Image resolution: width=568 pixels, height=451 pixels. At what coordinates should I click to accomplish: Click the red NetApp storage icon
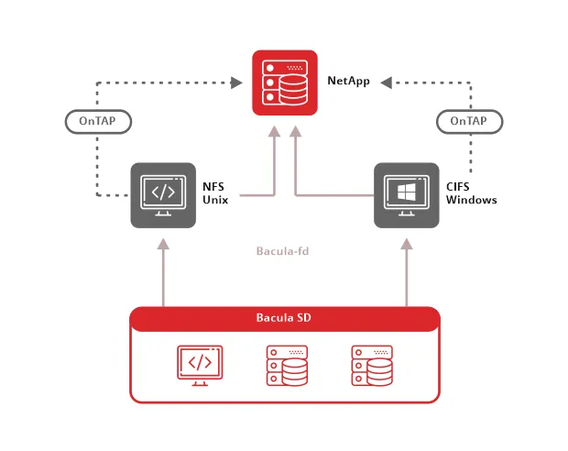coord(284,83)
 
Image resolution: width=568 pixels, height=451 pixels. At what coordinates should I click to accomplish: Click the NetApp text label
coord(348,82)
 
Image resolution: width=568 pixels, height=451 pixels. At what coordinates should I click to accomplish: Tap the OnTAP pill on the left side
coord(98,121)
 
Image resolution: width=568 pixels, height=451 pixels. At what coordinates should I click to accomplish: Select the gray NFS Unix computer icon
coord(162,194)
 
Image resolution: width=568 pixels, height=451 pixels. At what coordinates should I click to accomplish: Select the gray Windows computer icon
coord(406,194)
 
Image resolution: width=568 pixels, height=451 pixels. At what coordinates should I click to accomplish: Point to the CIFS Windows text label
coord(471,193)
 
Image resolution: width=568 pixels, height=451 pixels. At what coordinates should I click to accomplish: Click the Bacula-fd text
coord(283,249)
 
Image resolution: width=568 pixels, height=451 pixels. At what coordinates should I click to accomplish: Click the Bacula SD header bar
coord(284,319)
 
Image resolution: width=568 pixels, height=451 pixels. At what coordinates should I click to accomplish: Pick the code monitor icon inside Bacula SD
coord(199,363)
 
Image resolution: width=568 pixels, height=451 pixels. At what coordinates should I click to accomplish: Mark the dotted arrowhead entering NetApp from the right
coord(387,83)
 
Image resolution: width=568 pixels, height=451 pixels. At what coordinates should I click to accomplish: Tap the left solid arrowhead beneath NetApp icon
coord(274,132)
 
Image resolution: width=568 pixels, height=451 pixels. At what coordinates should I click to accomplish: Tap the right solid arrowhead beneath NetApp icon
coord(295,132)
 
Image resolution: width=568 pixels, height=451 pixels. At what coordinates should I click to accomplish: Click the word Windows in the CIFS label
coord(471,200)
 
